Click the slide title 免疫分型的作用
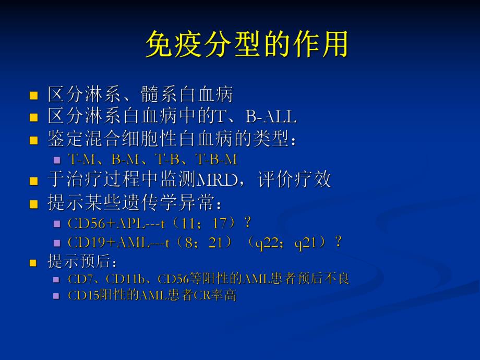pos(246,45)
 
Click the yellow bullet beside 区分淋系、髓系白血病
pos(34,96)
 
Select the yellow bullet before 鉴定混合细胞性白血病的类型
pos(34,140)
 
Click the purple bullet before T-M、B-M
pos(57,160)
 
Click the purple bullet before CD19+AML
pos(57,243)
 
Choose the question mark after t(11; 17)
pos(247,223)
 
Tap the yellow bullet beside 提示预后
pos(34,262)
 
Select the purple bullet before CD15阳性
pos(57,296)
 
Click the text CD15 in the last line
pos(80,296)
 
